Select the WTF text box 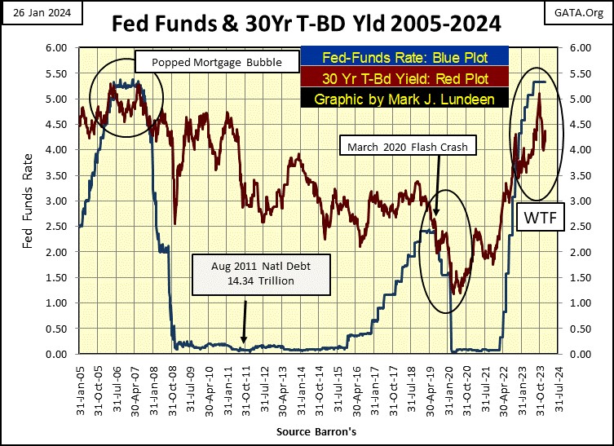coord(539,219)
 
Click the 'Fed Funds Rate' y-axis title coord(29,201)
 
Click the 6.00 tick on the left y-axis coord(61,48)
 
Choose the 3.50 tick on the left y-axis coord(61,175)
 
